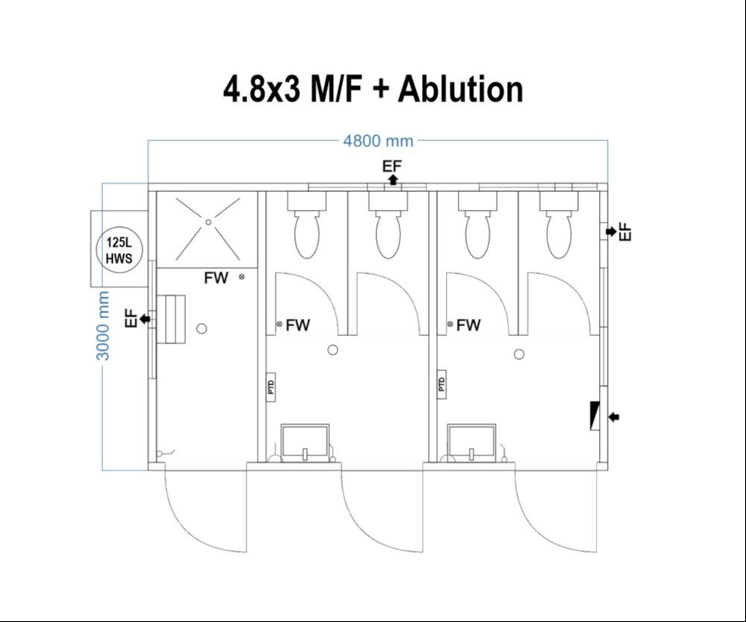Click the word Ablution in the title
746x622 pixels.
coord(460,90)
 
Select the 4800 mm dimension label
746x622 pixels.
coord(377,141)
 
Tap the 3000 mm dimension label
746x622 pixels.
coord(104,326)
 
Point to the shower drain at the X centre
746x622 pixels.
coord(209,222)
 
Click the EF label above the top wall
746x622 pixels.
coord(392,166)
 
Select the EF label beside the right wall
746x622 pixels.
coord(626,231)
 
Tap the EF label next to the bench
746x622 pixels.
coord(131,319)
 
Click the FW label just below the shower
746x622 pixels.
coord(217,279)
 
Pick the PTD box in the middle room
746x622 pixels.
coord(270,386)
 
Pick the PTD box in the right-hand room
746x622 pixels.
coord(441,385)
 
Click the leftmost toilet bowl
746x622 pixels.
coord(307,234)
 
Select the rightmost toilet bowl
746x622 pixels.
coord(559,234)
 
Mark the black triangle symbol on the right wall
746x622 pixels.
coord(594,416)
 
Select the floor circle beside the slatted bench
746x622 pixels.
coord(201,329)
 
